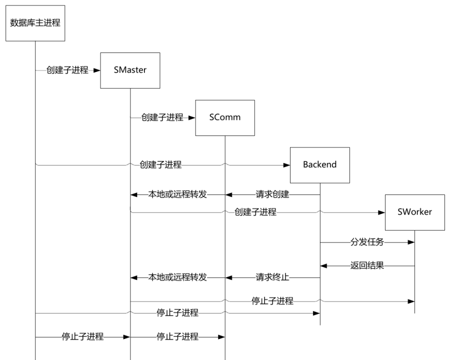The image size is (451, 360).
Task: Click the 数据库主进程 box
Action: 35,23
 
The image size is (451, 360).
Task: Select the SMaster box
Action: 130,70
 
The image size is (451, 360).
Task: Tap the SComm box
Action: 225,118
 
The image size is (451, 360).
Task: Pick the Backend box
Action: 319,165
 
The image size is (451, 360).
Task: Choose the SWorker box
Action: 414,212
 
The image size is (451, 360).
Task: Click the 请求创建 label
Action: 272,194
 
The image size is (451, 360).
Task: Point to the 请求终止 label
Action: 272,277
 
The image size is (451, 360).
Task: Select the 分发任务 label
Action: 367,242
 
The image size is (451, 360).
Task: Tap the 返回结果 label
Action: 367,266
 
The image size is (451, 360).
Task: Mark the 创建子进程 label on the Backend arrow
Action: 161,164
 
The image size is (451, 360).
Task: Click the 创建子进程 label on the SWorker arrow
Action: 255,212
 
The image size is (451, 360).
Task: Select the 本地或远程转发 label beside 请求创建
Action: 178,194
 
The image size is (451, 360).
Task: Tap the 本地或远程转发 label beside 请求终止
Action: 178,277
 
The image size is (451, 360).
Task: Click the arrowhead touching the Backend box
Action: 286,164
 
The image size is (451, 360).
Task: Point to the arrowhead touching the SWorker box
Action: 381,212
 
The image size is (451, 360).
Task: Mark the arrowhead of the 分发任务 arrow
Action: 411,242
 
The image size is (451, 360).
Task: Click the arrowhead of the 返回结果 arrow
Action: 323,266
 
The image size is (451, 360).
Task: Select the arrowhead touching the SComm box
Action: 191,118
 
